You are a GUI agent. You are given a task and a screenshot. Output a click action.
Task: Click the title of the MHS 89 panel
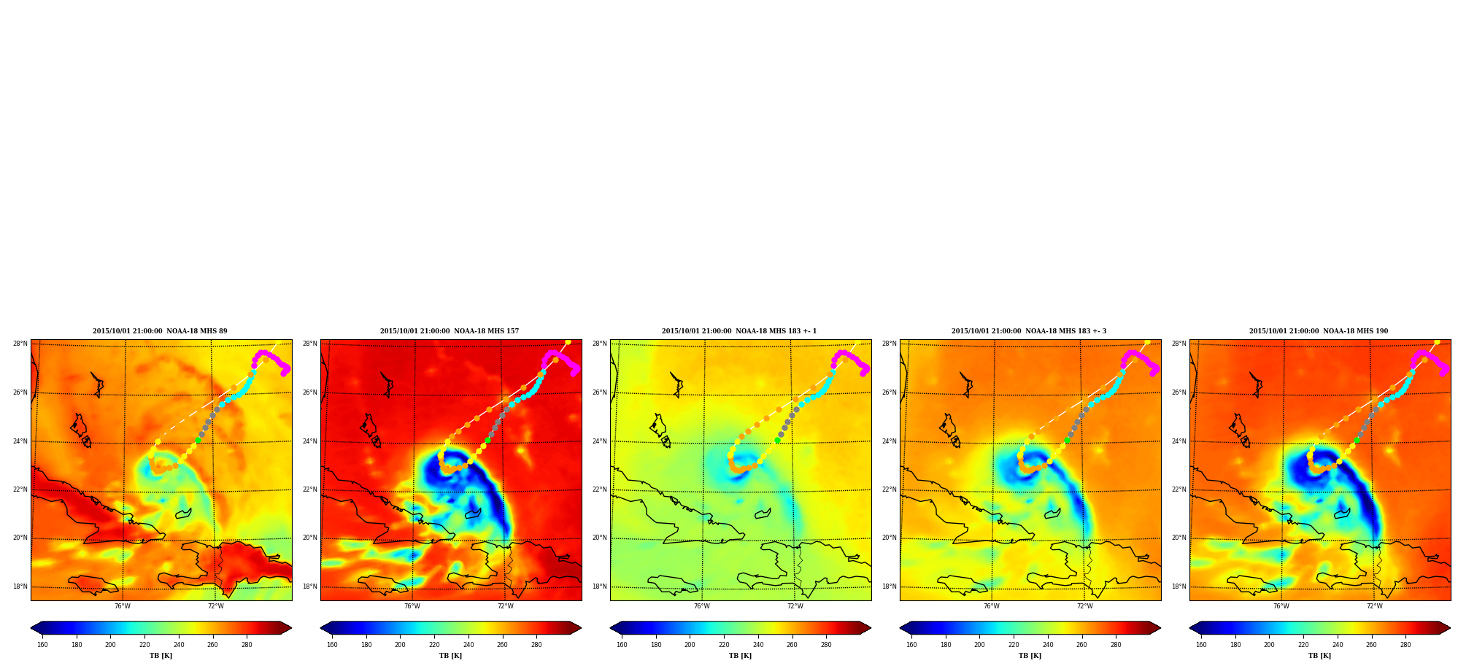click(160, 331)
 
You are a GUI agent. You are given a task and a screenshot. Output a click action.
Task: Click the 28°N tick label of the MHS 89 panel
click(20, 344)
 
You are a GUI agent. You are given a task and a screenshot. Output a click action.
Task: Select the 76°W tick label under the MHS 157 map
click(412, 606)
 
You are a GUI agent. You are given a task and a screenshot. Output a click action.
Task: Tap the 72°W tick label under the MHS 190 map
click(1375, 606)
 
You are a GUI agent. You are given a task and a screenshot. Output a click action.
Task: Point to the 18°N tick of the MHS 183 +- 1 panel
click(600, 586)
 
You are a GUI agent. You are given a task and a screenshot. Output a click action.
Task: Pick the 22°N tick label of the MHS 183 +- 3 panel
click(890, 489)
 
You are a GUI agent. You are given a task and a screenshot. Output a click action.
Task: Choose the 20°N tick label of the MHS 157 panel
click(310, 538)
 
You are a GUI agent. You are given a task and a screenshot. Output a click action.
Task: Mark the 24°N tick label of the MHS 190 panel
click(1179, 441)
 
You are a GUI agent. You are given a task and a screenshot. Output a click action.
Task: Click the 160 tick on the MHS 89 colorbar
click(42, 645)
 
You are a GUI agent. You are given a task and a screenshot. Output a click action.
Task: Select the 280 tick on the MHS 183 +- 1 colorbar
click(826, 645)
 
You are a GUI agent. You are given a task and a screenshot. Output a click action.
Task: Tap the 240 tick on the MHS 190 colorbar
click(1338, 645)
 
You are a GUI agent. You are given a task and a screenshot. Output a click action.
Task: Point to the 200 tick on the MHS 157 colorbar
click(400, 645)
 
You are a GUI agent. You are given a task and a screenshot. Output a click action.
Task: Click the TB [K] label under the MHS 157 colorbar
click(450, 656)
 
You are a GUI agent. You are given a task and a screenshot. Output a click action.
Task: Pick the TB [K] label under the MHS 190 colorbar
click(1319, 656)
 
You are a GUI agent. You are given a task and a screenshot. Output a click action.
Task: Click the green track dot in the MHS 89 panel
click(198, 441)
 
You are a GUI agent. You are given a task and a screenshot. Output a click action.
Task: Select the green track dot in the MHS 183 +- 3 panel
click(1067, 441)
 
